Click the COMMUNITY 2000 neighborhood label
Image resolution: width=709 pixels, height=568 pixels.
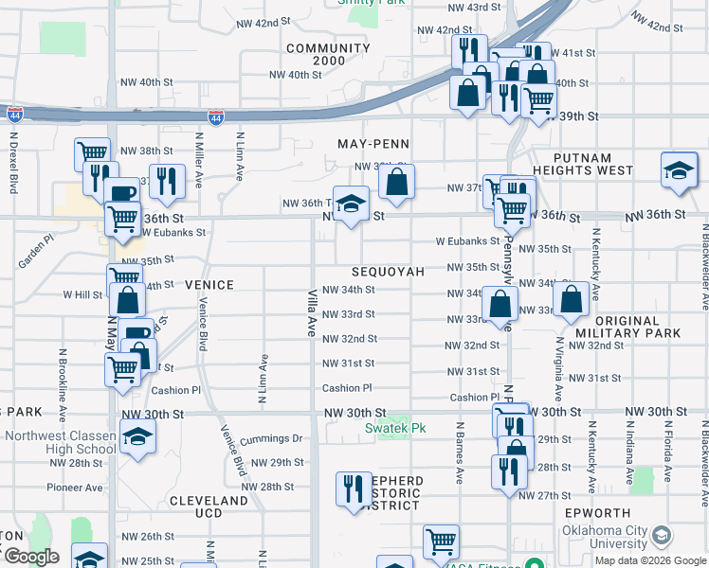pos(328,55)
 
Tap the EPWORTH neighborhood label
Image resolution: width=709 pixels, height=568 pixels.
pos(596,512)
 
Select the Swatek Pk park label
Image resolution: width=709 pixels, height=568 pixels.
pos(396,428)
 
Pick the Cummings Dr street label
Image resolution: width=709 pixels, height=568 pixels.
pos(271,438)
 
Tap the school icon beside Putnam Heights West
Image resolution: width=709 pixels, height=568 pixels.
pos(679,170)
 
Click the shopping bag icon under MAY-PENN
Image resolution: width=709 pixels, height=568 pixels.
pos(397,181)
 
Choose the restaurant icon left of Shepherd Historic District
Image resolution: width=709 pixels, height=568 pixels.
pos(353,488)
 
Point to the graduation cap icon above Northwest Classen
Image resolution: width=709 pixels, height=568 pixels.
pos(137,436)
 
